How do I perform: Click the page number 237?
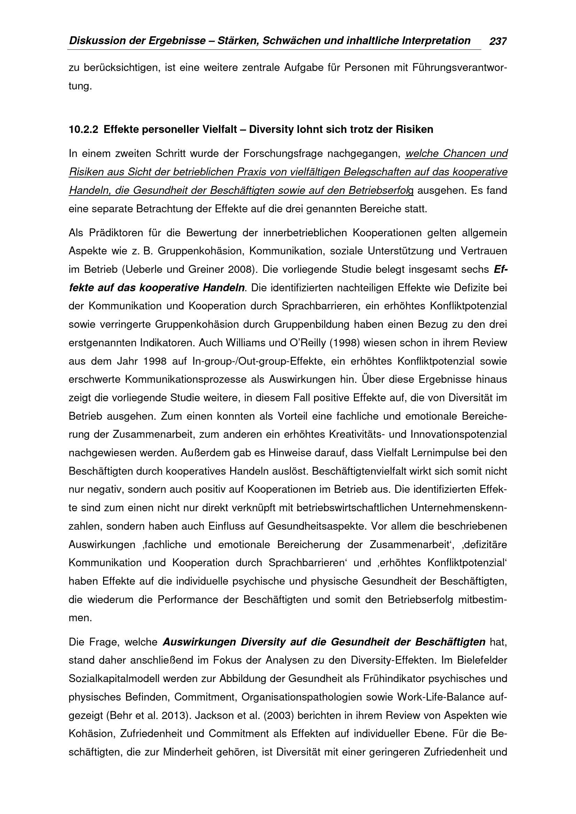tap(498, 42)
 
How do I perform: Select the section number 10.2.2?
tap(83, 130)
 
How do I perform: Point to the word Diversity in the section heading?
tap(271, 130)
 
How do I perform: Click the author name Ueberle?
tap(143, 270)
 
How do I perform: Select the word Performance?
tap(188, 600)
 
